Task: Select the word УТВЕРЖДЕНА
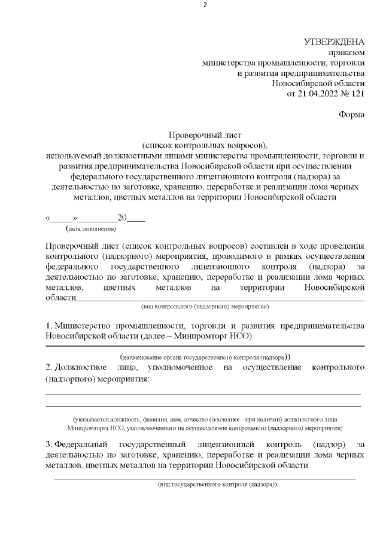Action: click(335, 42)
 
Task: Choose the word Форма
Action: click(351, 114)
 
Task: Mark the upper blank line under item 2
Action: click(203, 393)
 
